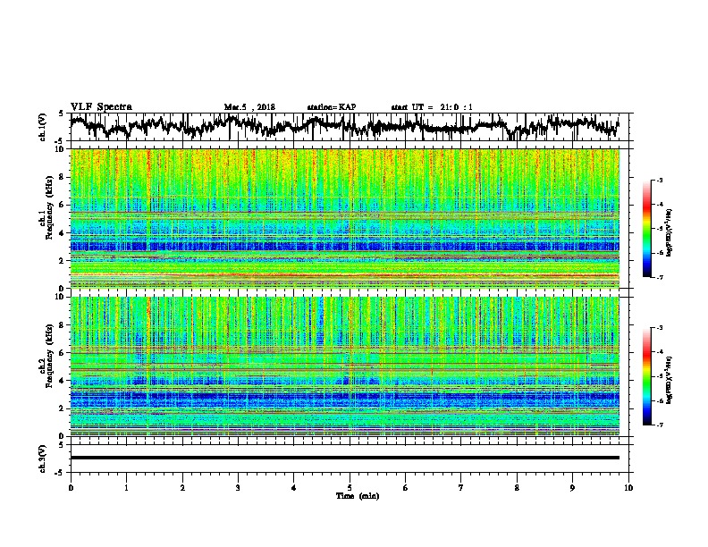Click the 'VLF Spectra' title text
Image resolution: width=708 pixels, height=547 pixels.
101,106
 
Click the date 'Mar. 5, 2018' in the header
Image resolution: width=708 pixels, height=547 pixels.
249,107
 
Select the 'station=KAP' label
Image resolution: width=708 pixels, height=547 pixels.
332,107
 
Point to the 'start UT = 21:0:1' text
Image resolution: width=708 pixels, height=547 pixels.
432,107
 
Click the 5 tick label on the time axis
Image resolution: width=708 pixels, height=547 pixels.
350,488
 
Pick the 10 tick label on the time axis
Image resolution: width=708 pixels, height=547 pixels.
629,488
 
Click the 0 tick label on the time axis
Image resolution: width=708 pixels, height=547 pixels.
71,488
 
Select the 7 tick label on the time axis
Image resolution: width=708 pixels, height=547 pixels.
461,488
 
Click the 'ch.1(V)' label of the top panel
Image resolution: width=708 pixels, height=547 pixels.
43,127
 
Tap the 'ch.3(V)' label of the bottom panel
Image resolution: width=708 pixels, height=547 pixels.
43,457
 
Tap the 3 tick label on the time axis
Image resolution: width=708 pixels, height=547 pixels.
238,488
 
